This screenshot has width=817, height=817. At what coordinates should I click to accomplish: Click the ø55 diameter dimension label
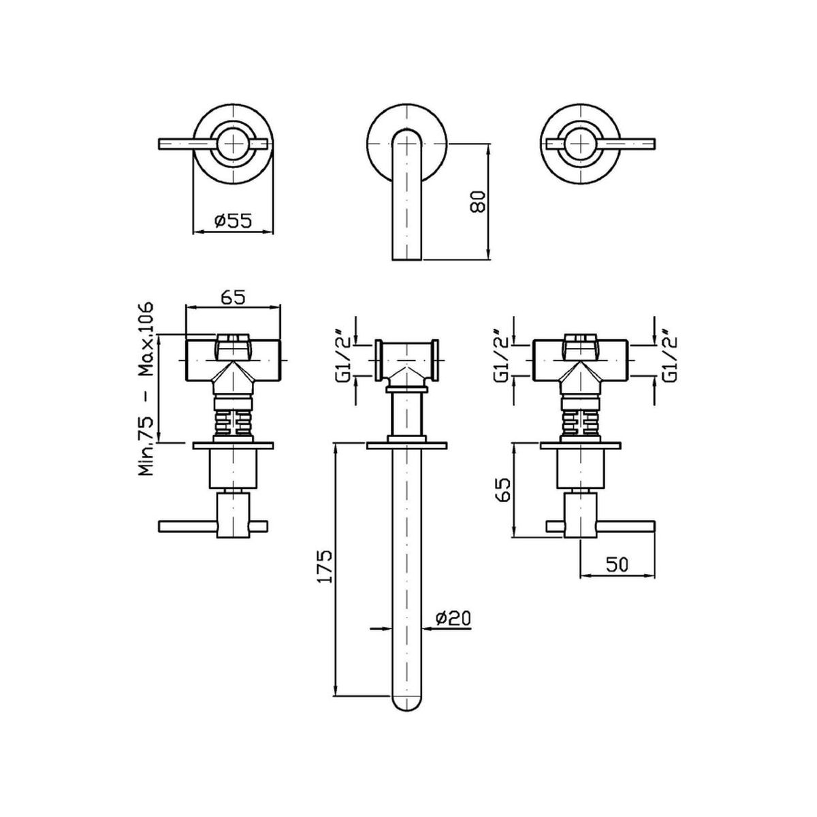click(233, 221)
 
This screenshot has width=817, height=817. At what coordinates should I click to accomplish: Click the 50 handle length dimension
click(618, 564)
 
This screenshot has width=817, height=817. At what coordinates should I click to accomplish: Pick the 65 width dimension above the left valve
click(233, 298)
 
